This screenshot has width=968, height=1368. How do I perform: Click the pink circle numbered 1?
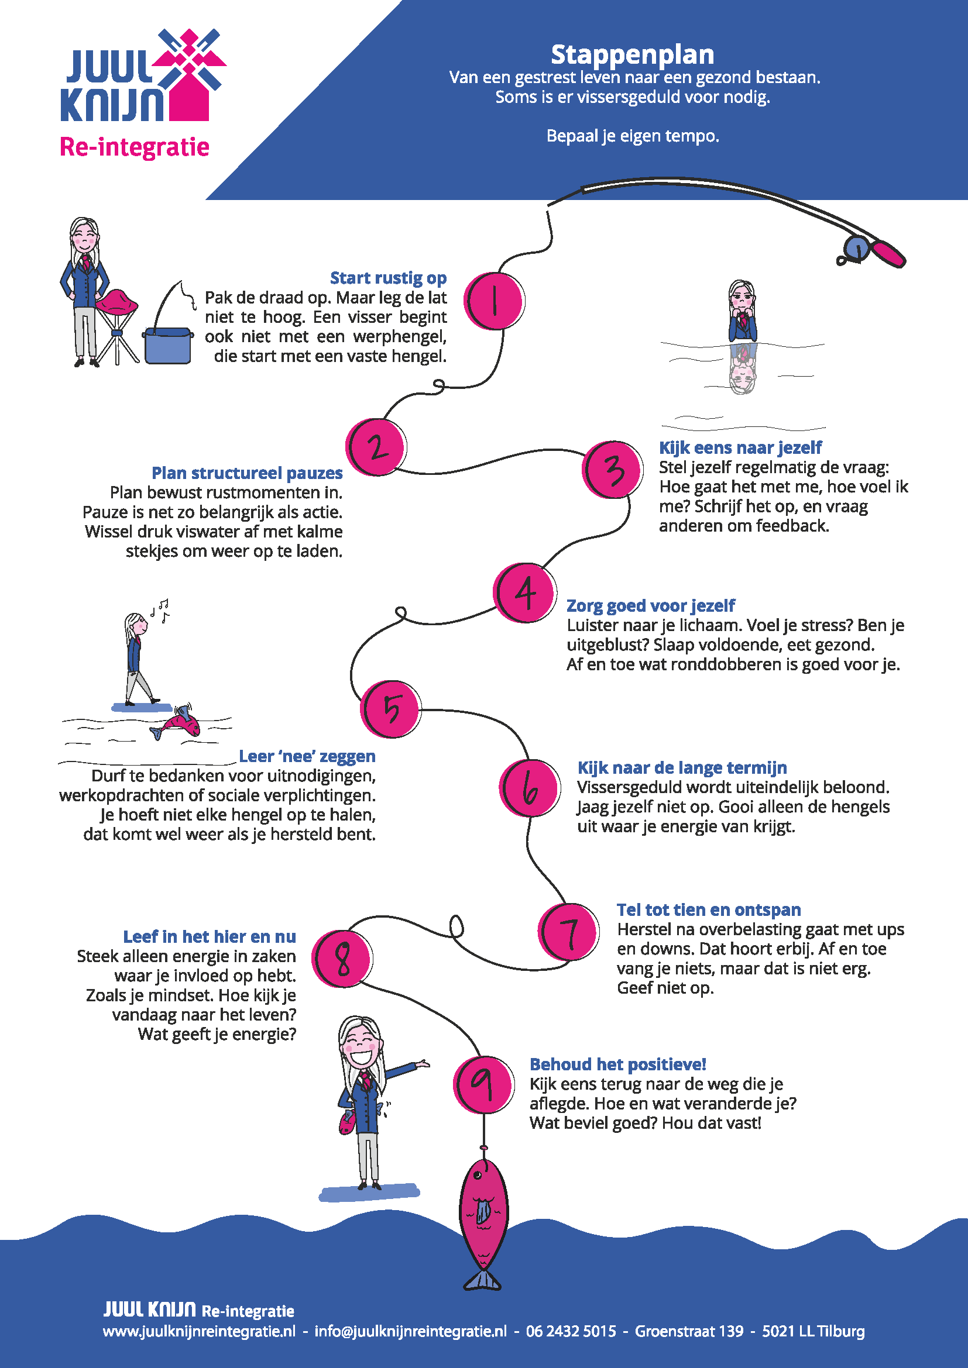[494, 301]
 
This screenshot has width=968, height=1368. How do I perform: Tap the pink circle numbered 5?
[390, 709]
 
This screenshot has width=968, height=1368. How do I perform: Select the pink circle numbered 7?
[569, 932]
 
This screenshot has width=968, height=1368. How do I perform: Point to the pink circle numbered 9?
[483, 1085]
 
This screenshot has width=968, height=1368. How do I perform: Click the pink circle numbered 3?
[612, 470]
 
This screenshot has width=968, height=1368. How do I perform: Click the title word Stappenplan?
[633, 55]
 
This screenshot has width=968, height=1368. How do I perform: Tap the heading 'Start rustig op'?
[388, 278]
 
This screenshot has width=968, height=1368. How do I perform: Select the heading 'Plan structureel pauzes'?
[247, 473]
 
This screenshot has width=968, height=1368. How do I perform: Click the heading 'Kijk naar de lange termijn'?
[682, 767]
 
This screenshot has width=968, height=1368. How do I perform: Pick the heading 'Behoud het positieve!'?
[617, 1064]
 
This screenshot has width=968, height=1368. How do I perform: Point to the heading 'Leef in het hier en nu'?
[209, 936]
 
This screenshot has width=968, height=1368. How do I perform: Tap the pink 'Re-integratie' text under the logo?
[134, 147]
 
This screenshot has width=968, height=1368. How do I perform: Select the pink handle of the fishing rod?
[889, 253]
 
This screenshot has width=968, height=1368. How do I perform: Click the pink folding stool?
[117, 304]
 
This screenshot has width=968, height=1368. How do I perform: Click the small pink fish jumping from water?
[179, 723]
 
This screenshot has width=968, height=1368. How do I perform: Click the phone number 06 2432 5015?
[571, 1331]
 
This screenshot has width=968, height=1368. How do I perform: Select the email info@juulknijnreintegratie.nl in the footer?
[410, 1331]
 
